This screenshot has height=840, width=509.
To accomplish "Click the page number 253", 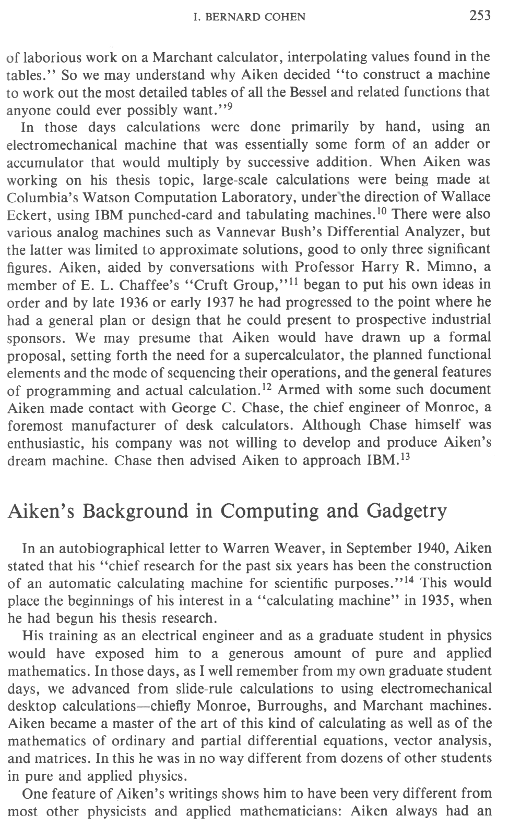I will pos(480,16).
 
